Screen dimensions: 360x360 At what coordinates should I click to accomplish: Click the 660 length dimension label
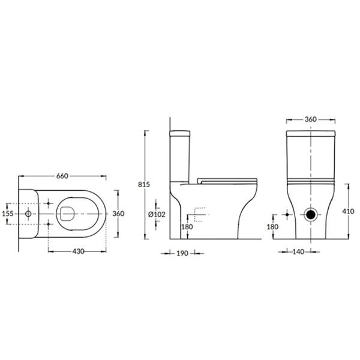point(62,176)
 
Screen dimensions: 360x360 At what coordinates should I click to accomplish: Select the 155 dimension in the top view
point(8,213)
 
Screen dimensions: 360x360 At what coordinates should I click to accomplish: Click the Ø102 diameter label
point(158,214)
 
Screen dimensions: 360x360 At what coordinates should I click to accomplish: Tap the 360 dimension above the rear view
point(310,119)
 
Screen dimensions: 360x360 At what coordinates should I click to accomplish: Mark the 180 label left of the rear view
point(272,227)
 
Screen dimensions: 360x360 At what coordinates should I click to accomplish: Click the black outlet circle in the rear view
point(311,214)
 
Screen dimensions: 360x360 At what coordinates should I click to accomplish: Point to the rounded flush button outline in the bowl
point(67,213)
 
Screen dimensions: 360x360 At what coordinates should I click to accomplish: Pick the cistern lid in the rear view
point(310,134)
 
